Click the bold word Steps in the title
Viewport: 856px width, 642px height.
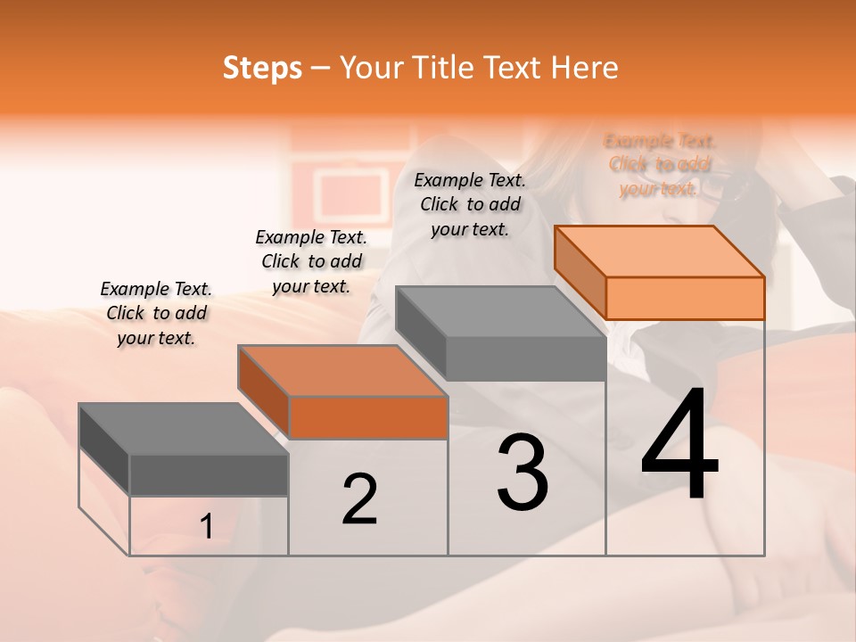point(262,68)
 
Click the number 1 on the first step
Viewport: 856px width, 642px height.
point(207,527)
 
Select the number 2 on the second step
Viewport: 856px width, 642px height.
point(359,500)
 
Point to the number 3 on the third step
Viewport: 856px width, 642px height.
point(523,473)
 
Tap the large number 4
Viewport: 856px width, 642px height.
point(680,446)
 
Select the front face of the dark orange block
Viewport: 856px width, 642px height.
point(368,417)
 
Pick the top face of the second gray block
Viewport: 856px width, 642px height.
point(500,312)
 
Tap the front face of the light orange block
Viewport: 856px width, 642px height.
point(685,298)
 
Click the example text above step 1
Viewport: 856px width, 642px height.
point(156,313)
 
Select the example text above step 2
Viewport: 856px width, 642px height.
point(311,261)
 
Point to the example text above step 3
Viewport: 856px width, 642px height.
point(470,204)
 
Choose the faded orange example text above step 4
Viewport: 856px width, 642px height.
point(660,164)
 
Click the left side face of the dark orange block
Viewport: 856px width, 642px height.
point(264,392)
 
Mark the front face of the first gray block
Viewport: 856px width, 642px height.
point(209,474)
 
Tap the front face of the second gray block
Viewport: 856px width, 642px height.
point(526,358)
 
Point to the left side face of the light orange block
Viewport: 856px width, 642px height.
point(580,273)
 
